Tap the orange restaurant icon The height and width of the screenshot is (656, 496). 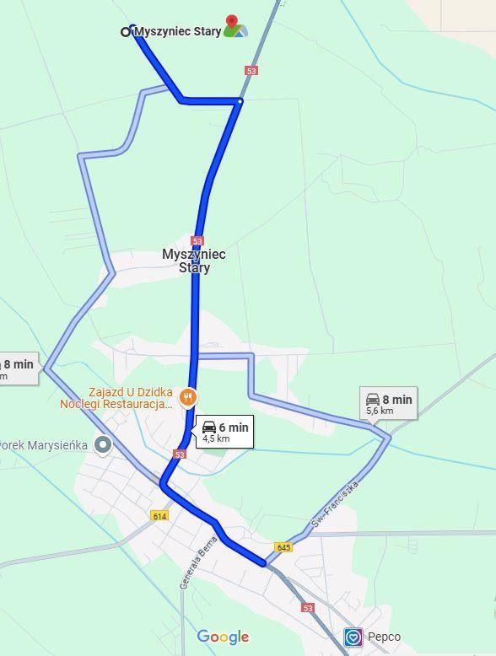188,396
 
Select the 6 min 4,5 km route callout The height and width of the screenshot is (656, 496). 224,432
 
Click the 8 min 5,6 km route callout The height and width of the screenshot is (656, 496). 389,404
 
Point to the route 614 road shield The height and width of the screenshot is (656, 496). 160,515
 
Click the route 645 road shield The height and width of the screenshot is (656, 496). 283,548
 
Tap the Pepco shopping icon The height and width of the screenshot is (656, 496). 353,637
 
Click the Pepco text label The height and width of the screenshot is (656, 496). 385,637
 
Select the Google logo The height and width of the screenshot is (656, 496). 223,637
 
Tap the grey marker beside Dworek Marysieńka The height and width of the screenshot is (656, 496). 104,444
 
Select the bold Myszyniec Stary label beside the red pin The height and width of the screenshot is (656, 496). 178,31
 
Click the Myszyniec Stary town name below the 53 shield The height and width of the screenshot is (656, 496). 194,261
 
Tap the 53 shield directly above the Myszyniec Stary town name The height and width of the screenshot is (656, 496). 197,240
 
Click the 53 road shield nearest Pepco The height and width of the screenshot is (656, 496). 308,607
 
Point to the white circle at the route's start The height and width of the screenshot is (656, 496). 126,32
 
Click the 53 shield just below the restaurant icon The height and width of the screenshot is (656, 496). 179,454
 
